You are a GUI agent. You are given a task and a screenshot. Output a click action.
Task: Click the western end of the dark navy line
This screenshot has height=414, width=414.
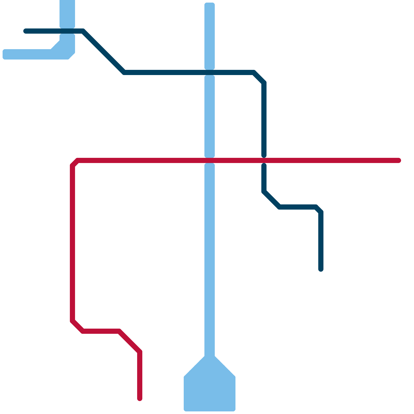pyautogui.click(x=25, y=31)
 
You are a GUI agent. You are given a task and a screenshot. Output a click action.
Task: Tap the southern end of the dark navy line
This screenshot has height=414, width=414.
pyautogui.click(x=321, y=269)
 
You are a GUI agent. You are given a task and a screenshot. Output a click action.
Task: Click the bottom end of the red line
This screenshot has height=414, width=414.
pyautogui.click(x=140, y=398)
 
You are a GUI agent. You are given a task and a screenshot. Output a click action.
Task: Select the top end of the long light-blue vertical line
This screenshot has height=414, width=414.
pyautogui.click(x=210, y=5)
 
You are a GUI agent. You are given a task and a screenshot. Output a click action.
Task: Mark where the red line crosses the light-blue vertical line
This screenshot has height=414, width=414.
pyautogui.click(x=210, y=161)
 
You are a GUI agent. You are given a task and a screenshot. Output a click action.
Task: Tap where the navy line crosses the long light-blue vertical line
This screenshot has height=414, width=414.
pyautogui.click(x=210, y=72)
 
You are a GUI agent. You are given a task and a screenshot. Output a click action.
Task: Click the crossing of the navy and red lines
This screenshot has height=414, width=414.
pyautogui.click(x=264, y=161)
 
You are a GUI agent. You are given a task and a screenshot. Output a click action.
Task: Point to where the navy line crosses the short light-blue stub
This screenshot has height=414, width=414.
pyautogui.click(x=67, y=31)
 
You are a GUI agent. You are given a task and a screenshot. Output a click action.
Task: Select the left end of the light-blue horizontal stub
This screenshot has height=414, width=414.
pyautogui.click(x=5, y=54)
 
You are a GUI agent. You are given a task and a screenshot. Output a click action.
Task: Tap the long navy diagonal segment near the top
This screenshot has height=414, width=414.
pyautogui.click(x=103, y=52)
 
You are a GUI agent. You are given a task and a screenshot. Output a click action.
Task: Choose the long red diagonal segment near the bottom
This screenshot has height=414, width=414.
pyautogui.click(x=129, y=342)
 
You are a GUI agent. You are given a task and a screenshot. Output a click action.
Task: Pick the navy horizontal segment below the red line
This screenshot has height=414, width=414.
pyautogui.click(x=298, y=207)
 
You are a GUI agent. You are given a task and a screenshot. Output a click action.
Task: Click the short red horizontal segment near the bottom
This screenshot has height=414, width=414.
pyautogui.click(x=101, y=331)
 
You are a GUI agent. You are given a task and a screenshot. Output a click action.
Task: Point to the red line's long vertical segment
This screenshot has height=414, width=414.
pyautogui.click(x=73, y=243)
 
